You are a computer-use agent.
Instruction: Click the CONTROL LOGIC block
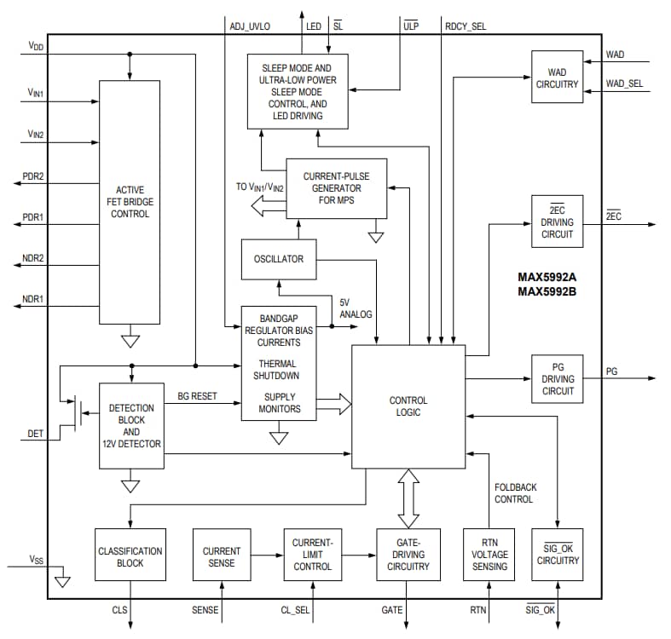coord(408,406)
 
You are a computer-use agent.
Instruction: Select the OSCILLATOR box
coord(278,259)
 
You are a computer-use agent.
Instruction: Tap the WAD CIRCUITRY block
coord(557,78)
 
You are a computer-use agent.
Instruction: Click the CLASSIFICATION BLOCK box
coord(130,556)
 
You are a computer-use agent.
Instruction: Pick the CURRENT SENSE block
coord(222,556)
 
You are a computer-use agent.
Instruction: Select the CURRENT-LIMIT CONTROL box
coord(313,555)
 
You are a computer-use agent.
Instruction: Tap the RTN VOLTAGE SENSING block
coord(489,555)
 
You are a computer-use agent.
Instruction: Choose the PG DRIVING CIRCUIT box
coord(558,379)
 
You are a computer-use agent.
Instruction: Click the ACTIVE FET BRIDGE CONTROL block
coord(130,202)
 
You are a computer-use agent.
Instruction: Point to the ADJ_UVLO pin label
coord(250,26)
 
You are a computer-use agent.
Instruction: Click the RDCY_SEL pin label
coord(465,26)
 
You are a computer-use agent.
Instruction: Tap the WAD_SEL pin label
coord(624,83)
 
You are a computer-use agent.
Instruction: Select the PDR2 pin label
coord(33,176)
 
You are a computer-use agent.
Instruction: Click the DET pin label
coord(35,434)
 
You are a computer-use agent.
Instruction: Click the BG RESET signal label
coord(197,396)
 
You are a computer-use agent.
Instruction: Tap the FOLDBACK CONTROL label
coord(516,493)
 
